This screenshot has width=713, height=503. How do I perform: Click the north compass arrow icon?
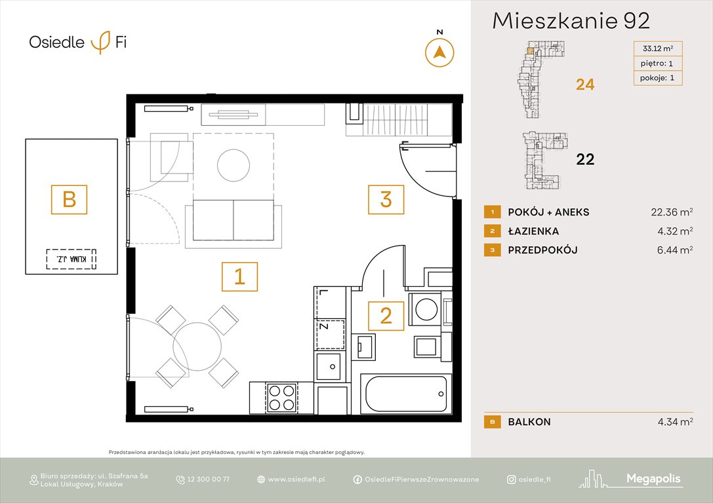(439, 52)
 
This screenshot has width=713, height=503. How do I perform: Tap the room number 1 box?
(239, 276)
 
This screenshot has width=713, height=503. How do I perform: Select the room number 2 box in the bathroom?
(386, 316)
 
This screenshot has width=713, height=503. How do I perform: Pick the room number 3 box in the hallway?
(386, 199)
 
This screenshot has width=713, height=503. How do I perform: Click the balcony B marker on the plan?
(70, 198)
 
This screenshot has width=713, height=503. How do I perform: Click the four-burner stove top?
(281, 396)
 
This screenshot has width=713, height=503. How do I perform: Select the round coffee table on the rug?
(234, 166)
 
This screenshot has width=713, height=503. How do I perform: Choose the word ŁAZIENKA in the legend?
(533, 231)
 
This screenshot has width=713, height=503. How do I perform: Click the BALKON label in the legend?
(529, 422)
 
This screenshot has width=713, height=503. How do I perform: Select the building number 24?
(585, 84)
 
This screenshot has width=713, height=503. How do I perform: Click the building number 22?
(585, 159)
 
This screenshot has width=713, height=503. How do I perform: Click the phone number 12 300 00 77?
(208, 479)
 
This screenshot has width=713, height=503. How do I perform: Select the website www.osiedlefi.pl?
(296, 479)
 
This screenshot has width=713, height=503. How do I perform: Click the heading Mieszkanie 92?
(571, 21)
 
